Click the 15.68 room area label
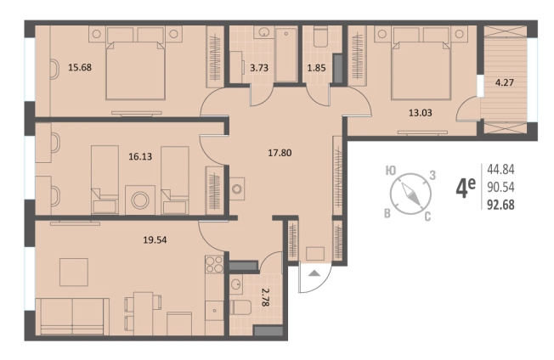[x=80, y=67]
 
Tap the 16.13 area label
[x=140, y=156]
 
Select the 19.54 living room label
[x=155, y=240]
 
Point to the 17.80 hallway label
[x=280, y=153]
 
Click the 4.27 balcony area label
[x=504, y=82]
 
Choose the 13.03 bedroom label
[x=421, y=113]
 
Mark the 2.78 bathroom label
[x=265, y=297]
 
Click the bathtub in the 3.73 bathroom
[x=285, y=55]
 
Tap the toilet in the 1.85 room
[x=321, y=37]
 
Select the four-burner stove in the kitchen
[x=214, y=264]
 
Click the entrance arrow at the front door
[x=314, y=273]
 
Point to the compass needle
[x=410, y=193]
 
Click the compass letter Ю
[x=390, y=172]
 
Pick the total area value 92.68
[x=500, y=205]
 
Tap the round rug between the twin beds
[x=140, y=200]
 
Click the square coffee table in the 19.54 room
[x=74, y=272]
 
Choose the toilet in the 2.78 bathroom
[x=240, y=307]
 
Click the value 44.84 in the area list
[x=500, y=170]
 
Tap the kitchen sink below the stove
[x=214, y=311]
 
